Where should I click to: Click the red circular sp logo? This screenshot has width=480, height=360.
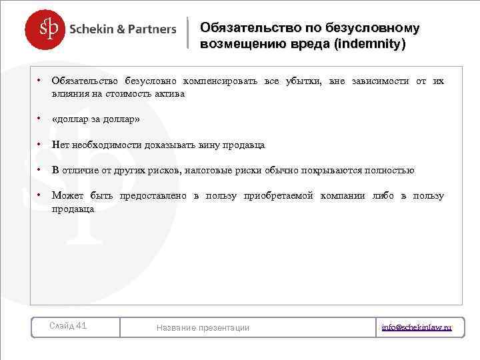point(46,29)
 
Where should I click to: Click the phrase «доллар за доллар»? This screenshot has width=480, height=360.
point(95,119)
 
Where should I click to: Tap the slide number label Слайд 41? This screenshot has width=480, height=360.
point(69,326)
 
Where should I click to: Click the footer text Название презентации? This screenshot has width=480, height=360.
point(203,327)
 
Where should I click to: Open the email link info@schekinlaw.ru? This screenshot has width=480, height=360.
point(417,327)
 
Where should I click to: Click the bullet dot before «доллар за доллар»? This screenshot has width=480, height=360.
point(39,119)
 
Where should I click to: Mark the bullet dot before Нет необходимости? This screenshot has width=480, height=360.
point(39,145)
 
